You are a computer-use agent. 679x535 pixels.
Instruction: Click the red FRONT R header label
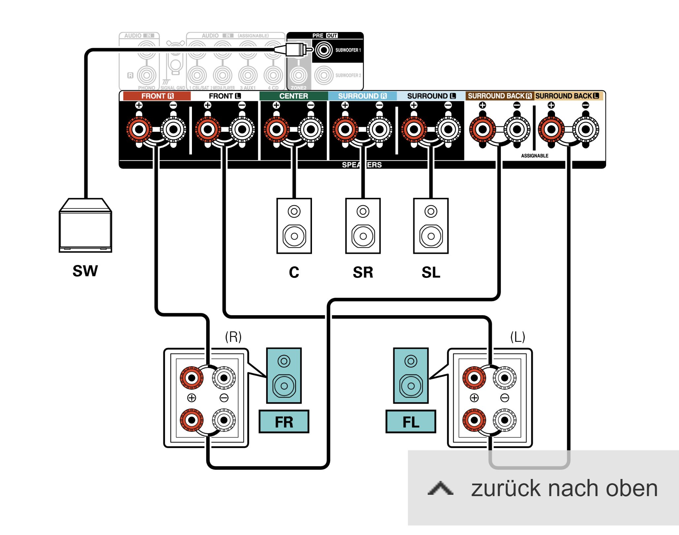click(x=157, y=96)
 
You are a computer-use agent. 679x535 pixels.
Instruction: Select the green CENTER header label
click(x=293, y=96)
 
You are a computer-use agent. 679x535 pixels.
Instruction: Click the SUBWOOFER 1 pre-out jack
click(x=324, y=50)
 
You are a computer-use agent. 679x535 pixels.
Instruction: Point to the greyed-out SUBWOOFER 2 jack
click(x=324, y=75)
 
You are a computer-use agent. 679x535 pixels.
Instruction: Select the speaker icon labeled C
click(x=294, y=226)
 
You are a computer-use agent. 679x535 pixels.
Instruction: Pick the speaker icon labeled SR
click(x=363, y=226)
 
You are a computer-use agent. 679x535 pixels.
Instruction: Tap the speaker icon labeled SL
click(x=431, y=226)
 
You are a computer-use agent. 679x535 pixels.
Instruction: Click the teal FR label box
click(x=284, y=422)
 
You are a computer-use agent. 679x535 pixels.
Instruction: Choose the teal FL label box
click(x=411, y=422)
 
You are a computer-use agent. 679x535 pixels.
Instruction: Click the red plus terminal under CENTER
click(x=276, y=129)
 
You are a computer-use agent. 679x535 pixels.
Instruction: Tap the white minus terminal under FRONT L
click(x=242, y=129)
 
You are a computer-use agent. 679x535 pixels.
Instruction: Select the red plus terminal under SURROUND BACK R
click(x=482, y=129)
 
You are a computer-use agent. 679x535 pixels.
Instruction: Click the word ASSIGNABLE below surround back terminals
click(x=535, y=156)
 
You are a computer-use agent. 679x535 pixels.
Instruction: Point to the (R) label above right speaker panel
click(x=233, y=337)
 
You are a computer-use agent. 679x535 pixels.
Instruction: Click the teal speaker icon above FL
click(x=411, y=375)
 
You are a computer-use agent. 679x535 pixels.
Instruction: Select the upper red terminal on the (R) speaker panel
click(x=192, y=378)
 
